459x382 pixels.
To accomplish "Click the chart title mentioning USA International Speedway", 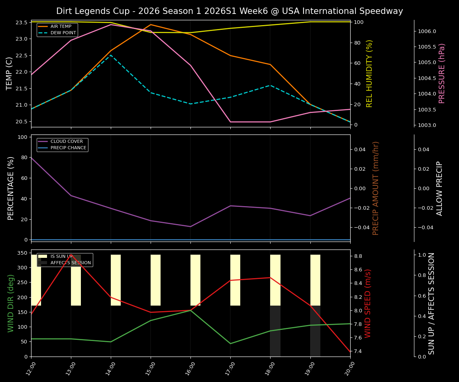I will coord(229,11).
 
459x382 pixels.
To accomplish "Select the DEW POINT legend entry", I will coord(61,33).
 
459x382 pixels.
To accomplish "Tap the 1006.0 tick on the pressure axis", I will coord(427,31).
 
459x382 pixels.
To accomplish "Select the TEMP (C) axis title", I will coord(10,73).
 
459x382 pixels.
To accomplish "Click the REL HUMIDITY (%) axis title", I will coord(369,73).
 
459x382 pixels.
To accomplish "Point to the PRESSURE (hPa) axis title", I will coord(442,73).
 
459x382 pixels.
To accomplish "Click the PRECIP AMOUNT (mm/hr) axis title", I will coord(376,188).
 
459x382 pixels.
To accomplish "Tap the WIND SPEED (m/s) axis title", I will coord(368,303).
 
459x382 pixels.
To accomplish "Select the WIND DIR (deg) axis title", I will coord(11,303).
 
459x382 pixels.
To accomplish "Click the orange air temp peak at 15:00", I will coord(151,25).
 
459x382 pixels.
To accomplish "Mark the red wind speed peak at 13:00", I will coord(71,255).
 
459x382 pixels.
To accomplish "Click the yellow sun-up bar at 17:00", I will coord(235,280).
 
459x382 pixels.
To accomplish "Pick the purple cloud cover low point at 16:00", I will coord(190,226).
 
